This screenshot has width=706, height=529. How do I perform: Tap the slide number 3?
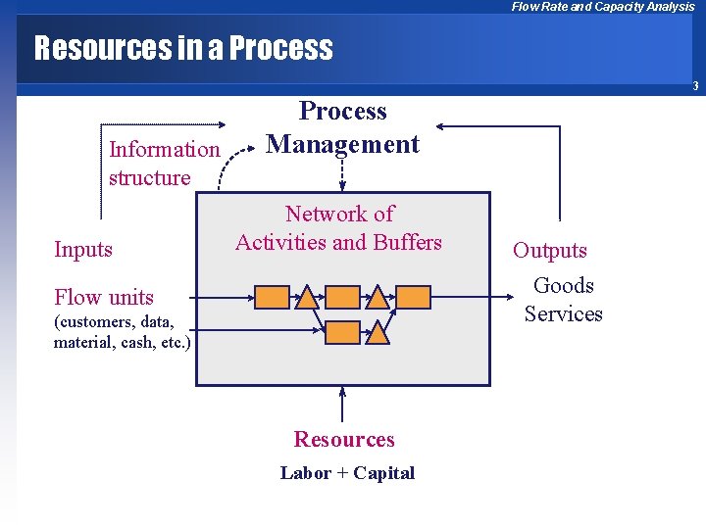click(x=694, y=86)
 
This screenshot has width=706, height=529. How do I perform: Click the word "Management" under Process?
click(x=343, y=144)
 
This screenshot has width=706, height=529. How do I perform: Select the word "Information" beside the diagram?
click(x=165, y=150)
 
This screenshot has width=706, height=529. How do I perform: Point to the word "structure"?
click(x=150, y=177)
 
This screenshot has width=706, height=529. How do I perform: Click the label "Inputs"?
click(x=83, y=249)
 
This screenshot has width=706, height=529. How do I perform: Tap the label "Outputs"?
click(x=550, y=250)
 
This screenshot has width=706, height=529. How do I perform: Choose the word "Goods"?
click(x=564, y=285)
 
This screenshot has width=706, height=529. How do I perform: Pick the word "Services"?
click(x=564, y=313)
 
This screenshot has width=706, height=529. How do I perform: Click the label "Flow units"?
click(x=104, y=297)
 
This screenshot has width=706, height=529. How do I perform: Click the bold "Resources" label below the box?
click(x=344, y=439)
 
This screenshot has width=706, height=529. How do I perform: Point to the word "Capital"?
click(x=383, y=473)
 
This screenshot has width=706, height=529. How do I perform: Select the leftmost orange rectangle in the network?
click(x=272, y=297)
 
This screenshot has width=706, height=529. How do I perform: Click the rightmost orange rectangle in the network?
click(x=413, y=297)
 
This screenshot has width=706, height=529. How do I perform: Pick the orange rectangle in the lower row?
click(x=342, y=332)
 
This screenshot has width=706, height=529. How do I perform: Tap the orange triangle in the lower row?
click(x=378, y=331)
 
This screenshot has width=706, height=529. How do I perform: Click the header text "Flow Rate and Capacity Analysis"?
click(x=603, y=7)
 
